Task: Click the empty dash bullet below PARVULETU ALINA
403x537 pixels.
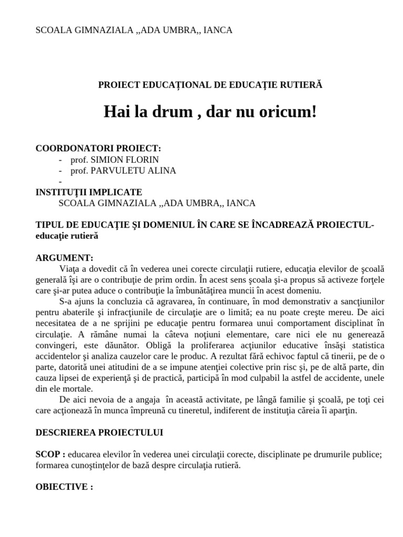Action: click(x=61, y=181)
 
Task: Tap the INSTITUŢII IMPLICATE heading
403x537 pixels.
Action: click(x=89, y=192)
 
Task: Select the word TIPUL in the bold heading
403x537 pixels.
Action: click(x=48, y=225)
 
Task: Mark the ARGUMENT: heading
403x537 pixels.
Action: click(x=64, y=258)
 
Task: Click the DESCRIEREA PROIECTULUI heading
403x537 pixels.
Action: click(x=99, y=433)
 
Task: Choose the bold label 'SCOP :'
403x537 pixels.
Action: click(x=50, y=455)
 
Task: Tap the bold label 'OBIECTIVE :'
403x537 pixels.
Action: click(x=64, y=487)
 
